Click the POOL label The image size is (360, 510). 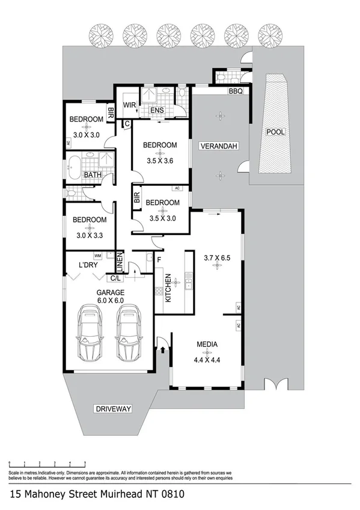276,132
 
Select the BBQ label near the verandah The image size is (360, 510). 234,92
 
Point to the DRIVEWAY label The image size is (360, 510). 112,409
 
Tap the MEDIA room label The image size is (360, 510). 206,345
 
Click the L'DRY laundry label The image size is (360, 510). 89,265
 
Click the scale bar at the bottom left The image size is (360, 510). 47,462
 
